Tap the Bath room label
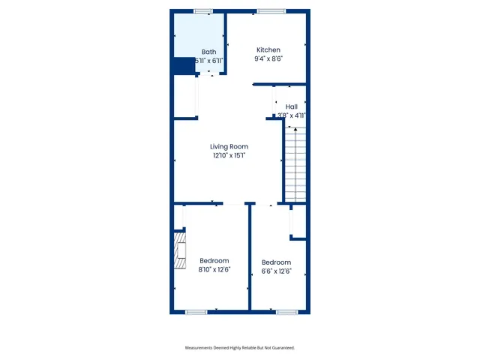[x=208, y=52]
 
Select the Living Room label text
[x=229, y=147]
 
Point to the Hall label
[x=291, y=107]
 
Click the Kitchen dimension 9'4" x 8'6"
[x=268, y=58]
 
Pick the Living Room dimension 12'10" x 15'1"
[x=229, y=156]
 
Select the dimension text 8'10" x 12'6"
[x=214, y=270]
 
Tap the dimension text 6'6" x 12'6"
[x=276, y=271]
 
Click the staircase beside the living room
[x=295, y=164]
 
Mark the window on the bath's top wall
[x=202, y=11]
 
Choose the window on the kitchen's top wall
[x=268, y=11]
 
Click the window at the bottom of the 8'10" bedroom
[x=196, y=312]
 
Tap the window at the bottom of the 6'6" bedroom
[x=286, y=312]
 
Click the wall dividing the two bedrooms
[x=250, y=259]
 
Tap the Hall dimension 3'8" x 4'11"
[x=291, y=115]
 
